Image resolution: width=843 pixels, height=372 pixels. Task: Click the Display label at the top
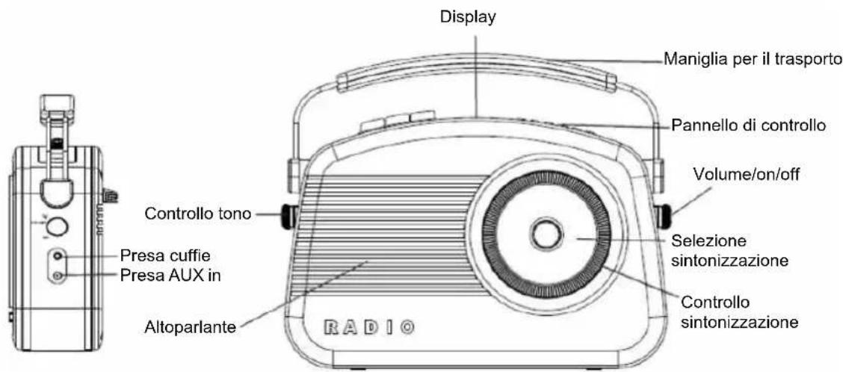coord(468,18)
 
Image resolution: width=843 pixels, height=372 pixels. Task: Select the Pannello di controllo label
coord(747,125)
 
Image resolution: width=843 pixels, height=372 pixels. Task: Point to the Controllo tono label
coord(198,214)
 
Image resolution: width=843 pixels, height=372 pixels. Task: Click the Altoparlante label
coord(191,327)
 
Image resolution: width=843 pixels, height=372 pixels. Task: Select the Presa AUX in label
coord(170,276)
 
